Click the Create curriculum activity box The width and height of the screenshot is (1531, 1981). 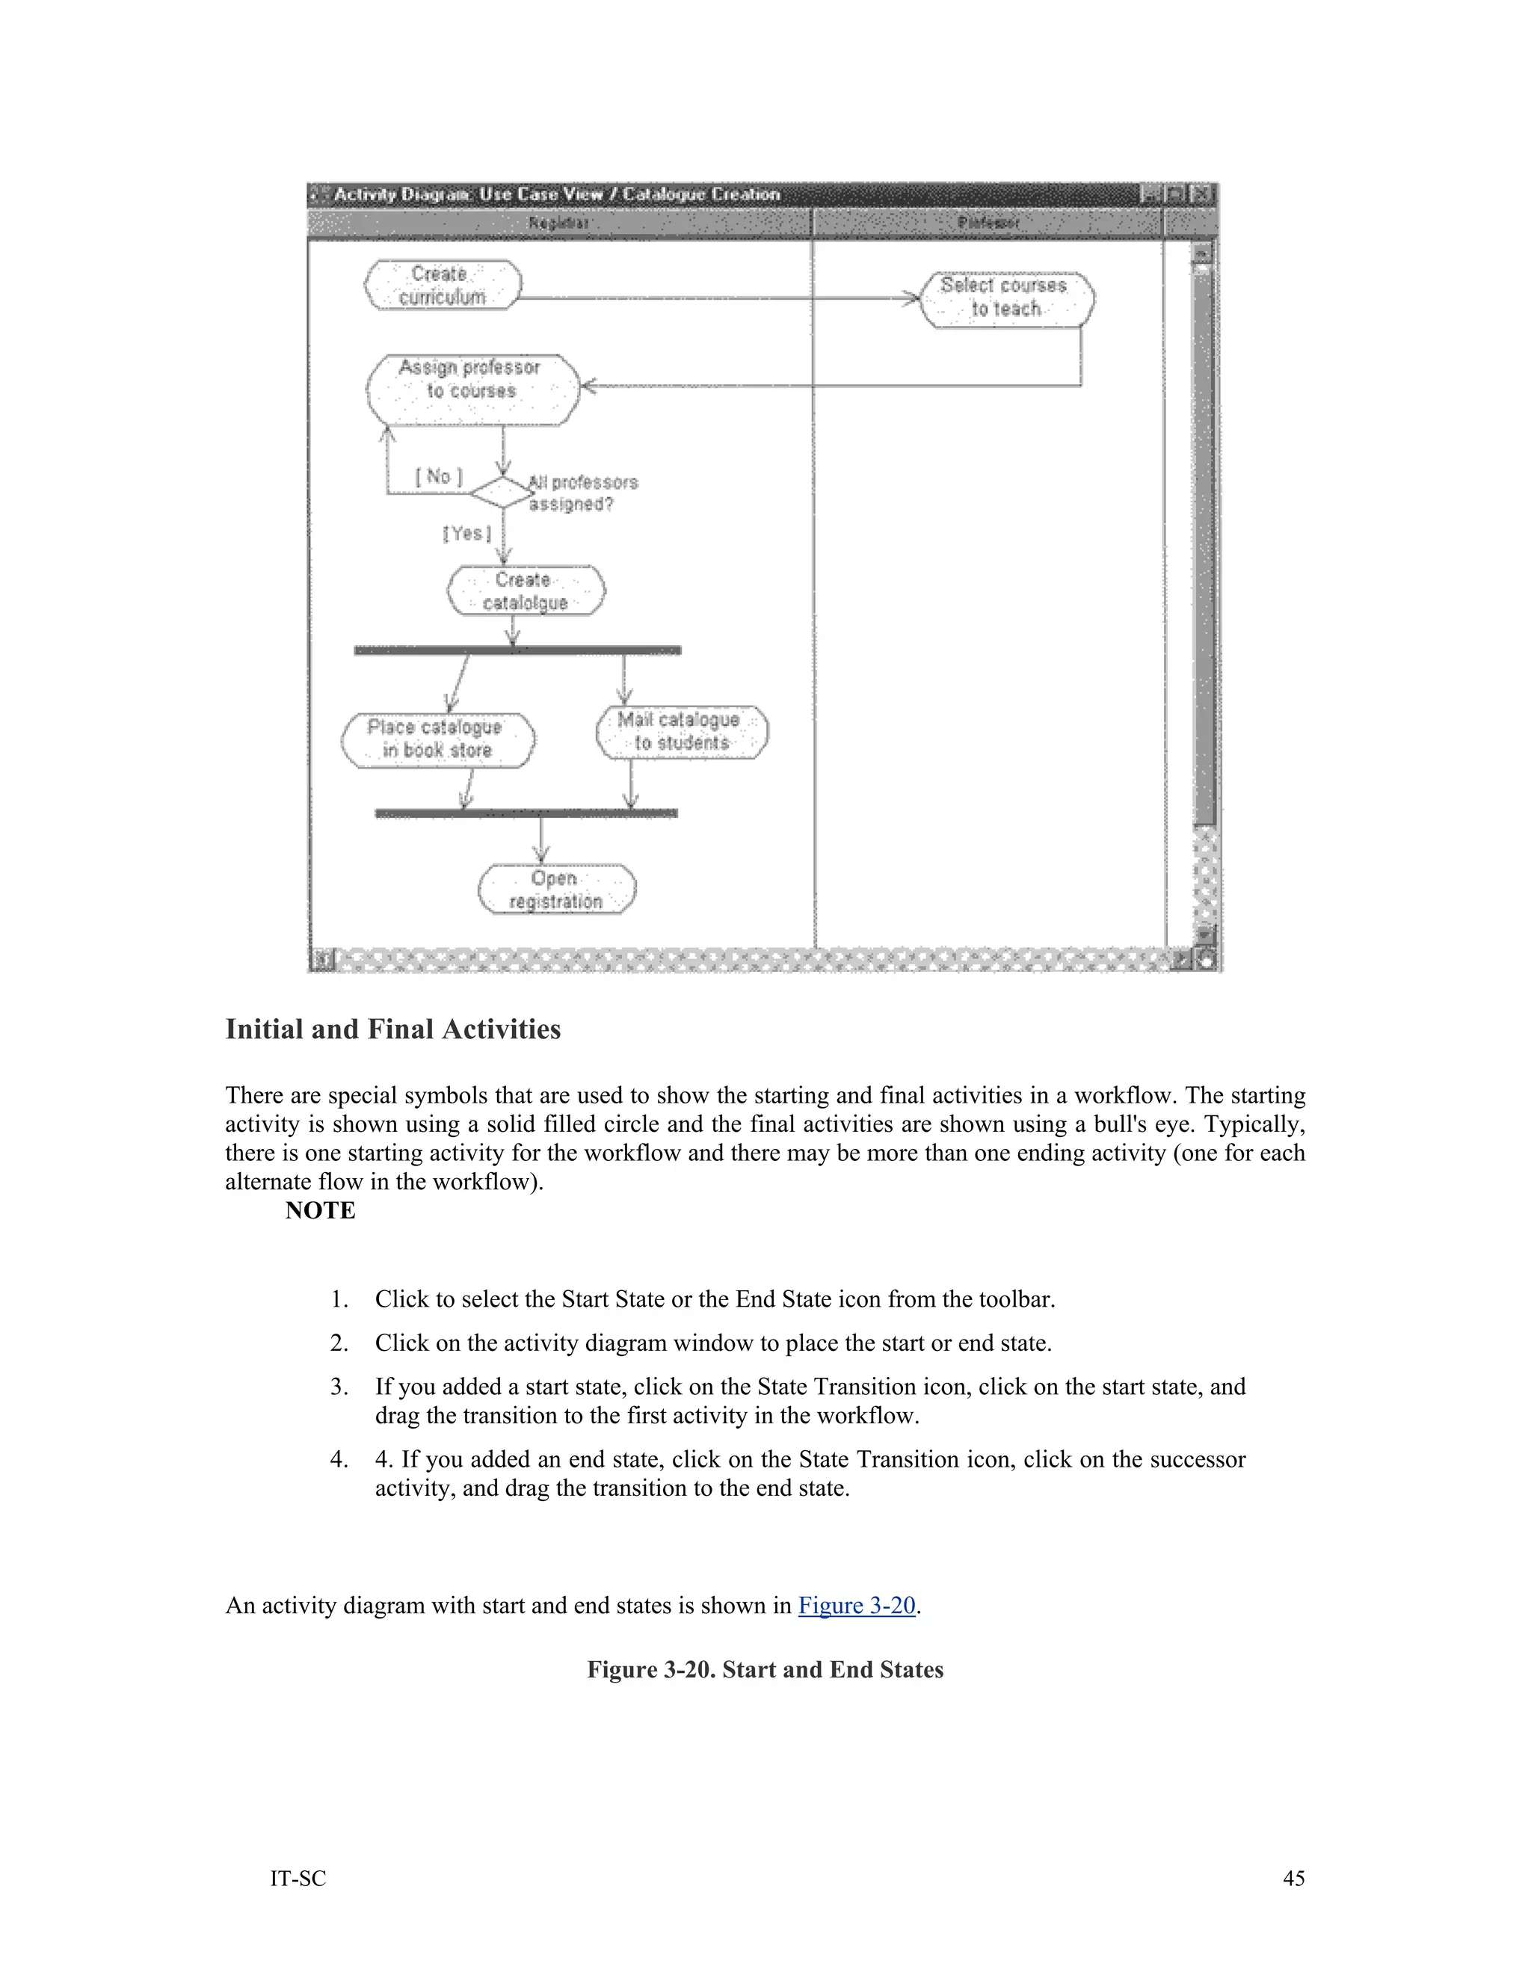(443, 286)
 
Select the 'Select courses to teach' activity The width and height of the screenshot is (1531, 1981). (1006, 298)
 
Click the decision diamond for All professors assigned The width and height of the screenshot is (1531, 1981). (502, 493)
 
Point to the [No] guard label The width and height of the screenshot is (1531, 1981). (439, 476)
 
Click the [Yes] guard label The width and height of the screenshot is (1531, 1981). (467, 533)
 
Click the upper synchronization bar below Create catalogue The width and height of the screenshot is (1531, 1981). (517, 650)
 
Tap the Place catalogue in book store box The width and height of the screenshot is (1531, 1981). (437, 740)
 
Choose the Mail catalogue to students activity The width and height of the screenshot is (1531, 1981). (681, 732)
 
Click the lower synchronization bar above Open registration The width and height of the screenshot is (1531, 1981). (526, 813)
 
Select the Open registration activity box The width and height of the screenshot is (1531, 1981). (556, 890)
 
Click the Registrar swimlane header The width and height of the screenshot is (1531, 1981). (558, 223)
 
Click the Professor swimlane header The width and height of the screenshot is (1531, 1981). (988, 223)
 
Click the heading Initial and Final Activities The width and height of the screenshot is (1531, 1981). (392, 1029)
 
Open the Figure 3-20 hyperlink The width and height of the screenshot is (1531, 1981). (856, 1606)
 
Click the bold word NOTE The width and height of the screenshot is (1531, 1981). (320, 1211)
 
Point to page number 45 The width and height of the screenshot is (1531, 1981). (1293, 1879)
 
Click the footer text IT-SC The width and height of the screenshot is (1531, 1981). (298, 1879)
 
